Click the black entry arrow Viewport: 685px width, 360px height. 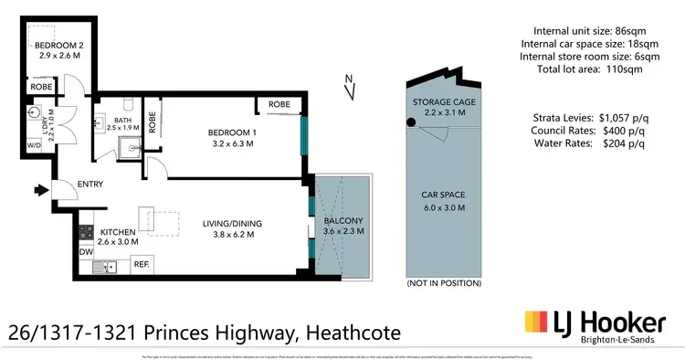pyautogui.click(x=41, y=190)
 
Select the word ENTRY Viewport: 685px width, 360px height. pyautogui.click(x=90, y=185)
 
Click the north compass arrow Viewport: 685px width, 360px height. pyautogui.click(x=350, y=89)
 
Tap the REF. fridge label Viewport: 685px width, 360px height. pyautogui.click(x=142, y=264)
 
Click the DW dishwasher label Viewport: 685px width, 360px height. pyautogui.click(x=85, y=251)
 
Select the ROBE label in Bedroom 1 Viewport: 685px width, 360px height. pyautogui.click(x=279, y=105)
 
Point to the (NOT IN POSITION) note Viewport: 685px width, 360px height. pyautogui.click(x=444, y=283)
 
